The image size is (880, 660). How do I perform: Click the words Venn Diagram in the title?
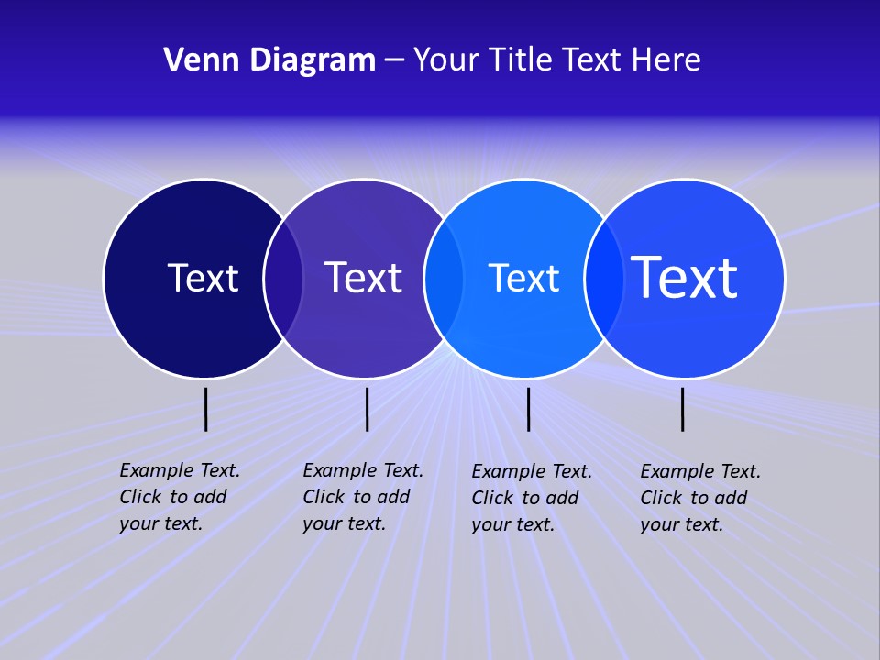(269, 60)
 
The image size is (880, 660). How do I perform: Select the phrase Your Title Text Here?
(556, 60)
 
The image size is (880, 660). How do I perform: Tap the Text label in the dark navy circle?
(203, 278)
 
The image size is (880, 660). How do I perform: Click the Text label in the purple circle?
(363, 278)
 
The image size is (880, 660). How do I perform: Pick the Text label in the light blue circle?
(523, 278)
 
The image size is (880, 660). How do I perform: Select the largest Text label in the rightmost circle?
(684, 277)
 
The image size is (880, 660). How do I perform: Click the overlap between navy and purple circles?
(283, 279)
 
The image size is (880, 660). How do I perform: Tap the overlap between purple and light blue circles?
(443, 279)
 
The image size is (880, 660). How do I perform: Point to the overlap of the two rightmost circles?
(602, 279)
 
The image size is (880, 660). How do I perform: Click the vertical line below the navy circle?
(206, 409)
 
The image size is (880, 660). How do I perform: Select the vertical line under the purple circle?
(367, 409)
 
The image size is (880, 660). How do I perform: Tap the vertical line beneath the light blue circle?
(528, 409)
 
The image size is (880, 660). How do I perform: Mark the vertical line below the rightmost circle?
(682, 409)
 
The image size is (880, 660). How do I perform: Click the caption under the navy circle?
(179, 497)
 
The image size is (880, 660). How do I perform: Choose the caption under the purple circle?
(362, 497)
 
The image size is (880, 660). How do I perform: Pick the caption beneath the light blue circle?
(531, 498)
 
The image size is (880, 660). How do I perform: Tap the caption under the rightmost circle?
(699, 498)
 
